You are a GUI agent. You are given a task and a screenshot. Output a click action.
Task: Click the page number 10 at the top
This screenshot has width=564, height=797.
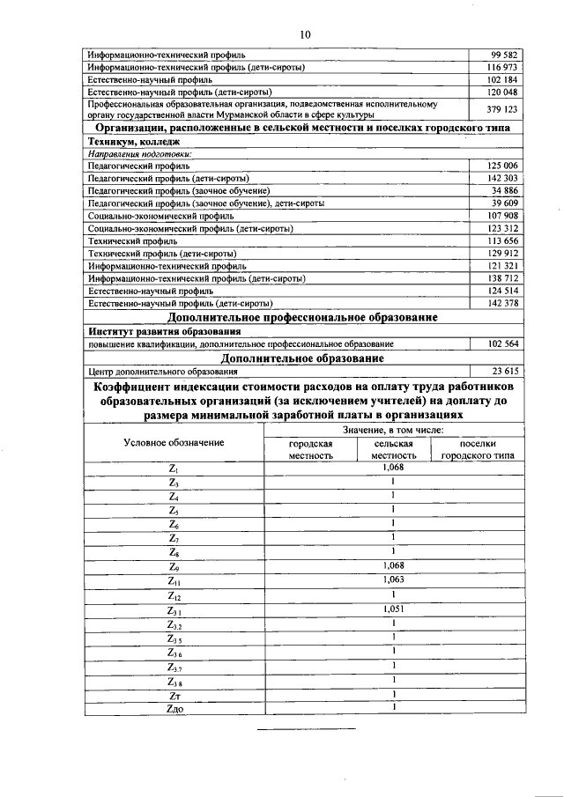(x=305, y=34)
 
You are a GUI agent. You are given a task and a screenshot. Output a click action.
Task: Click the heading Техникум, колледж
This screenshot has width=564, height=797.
(x=134, y=141)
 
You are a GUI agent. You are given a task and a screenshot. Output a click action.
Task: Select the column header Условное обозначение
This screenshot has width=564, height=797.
(x=174, y=442)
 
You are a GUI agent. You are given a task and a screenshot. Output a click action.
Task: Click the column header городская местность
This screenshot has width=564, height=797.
(x=310, y=449)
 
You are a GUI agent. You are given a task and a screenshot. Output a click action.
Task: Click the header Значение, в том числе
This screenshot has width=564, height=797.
(x=392, y=429)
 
